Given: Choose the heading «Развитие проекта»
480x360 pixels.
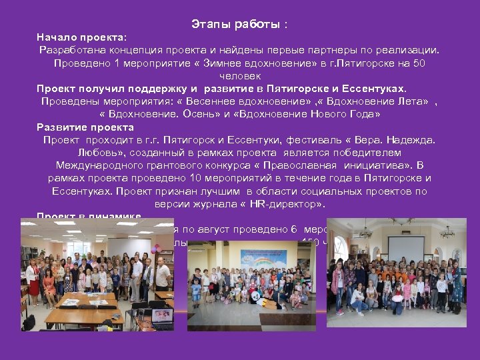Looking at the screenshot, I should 85,127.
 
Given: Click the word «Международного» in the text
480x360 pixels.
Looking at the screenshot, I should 99,165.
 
